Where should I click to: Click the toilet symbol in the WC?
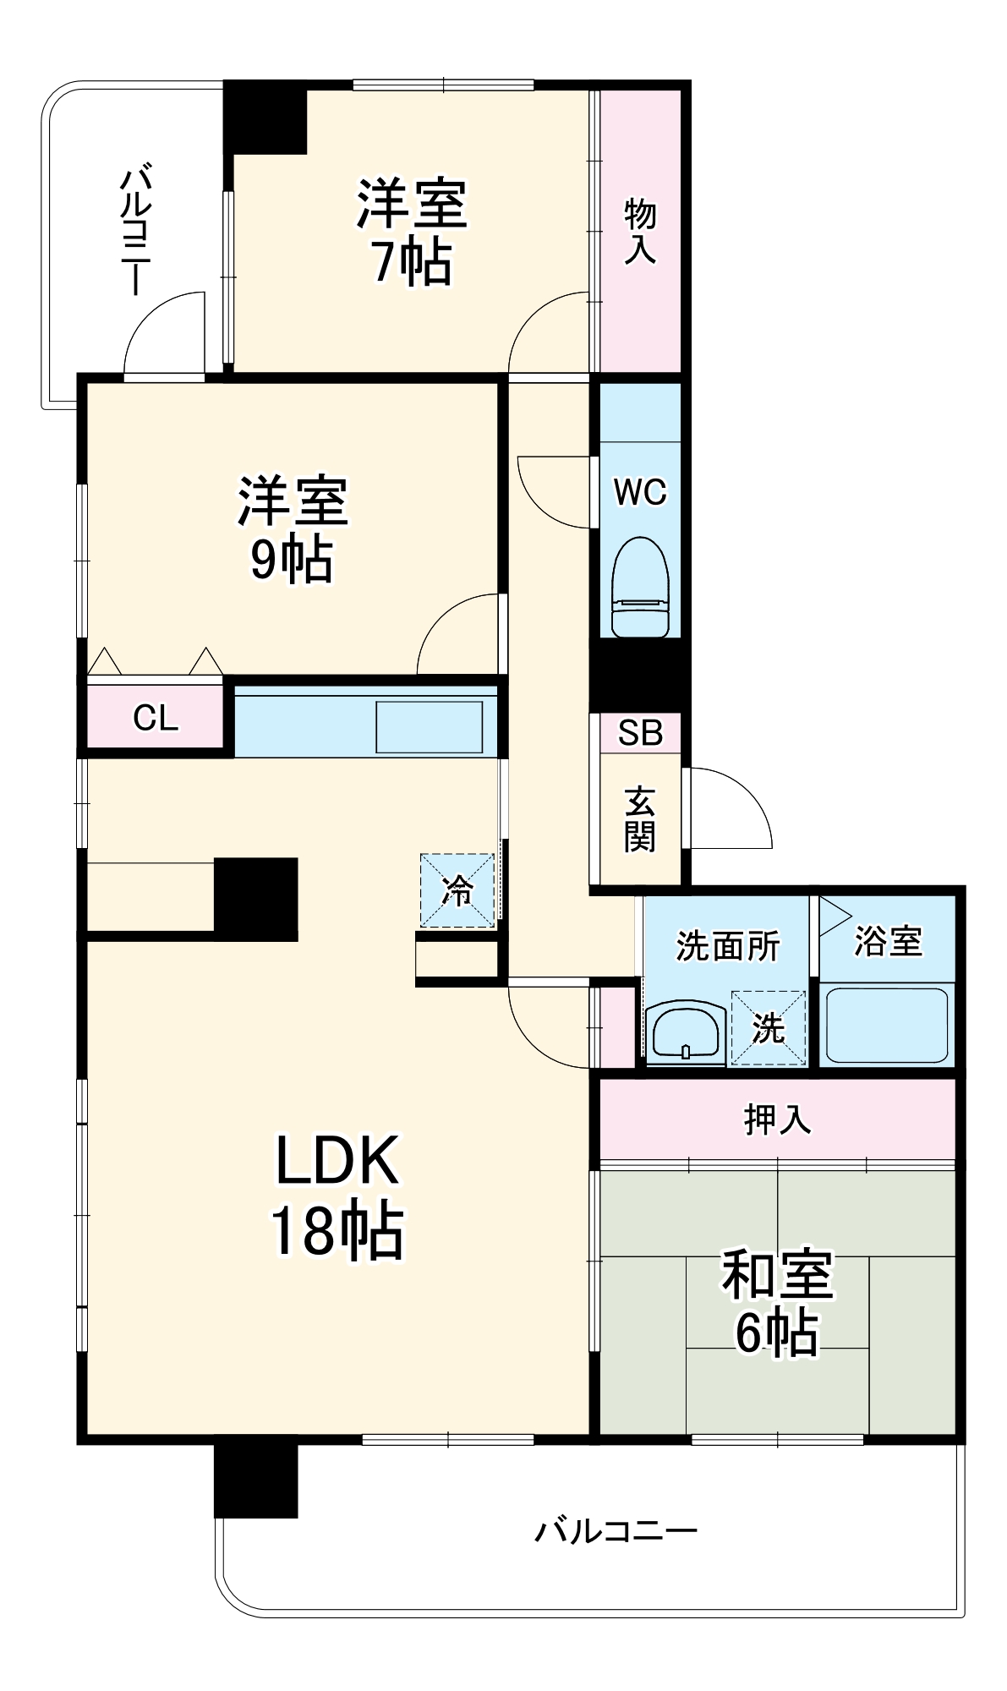[640, 586]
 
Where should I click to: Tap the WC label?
[640, 492]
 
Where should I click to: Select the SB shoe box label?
[640, 732]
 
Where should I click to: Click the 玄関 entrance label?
[640, 819]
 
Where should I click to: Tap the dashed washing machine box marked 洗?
[769, 1028]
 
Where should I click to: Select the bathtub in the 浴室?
[886, 1025]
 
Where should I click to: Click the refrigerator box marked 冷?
[457, 890]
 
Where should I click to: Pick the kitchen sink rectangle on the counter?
[429, 726]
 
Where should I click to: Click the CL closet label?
[156, 718]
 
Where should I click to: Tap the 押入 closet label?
[777, 1119]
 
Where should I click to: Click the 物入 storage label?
[640, 232]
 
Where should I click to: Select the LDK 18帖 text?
[337, 1196]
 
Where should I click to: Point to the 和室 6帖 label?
[777, 1302]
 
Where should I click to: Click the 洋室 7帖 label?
[412, 232]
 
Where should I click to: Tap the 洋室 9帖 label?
[292, 529]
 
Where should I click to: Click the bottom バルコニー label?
[616, 1531]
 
